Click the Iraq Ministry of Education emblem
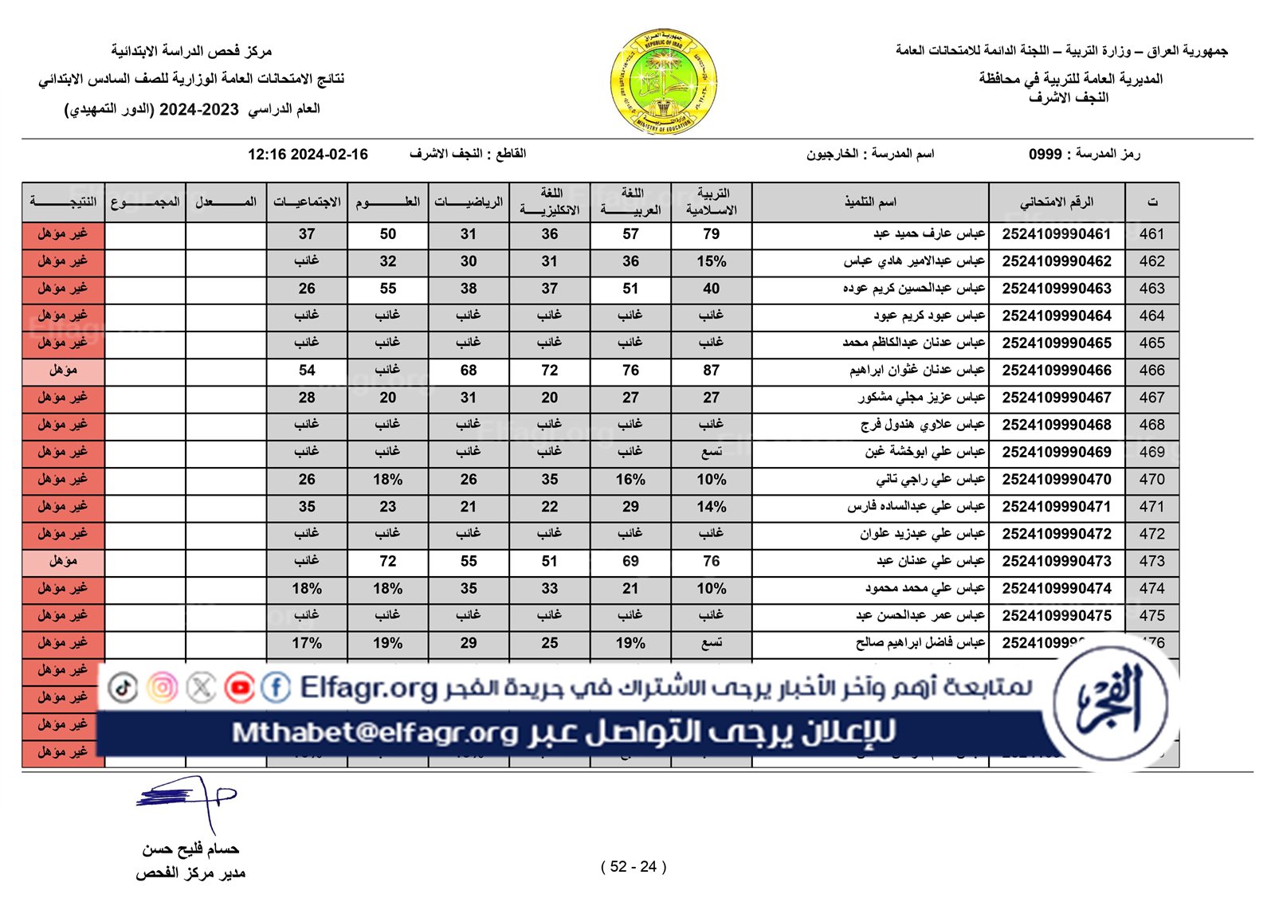(x=664, y=82)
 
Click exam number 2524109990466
(x=1056, y=371)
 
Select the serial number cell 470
(x=1151, y=480)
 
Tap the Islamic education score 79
(x=711, y=234)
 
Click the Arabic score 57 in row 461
(x=630, y=234)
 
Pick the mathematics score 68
(x=469, y=371)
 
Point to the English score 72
(x=550, y=371)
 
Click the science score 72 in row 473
(x=388, y=561)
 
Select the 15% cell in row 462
(x=711, y=261)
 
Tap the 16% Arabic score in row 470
(x=630, y=480)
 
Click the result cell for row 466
(x=63, y=371)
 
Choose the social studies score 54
(x=307, y=371)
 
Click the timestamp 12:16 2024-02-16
(x=308, y=155)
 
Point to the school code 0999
(x=1045, y=155)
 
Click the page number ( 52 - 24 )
(x=634, y=867)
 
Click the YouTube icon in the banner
(x=239, y=688)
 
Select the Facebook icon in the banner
(x=276, y=688)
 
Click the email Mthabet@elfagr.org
(x=375, y=732)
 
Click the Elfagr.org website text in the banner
(x=368, y=688)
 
